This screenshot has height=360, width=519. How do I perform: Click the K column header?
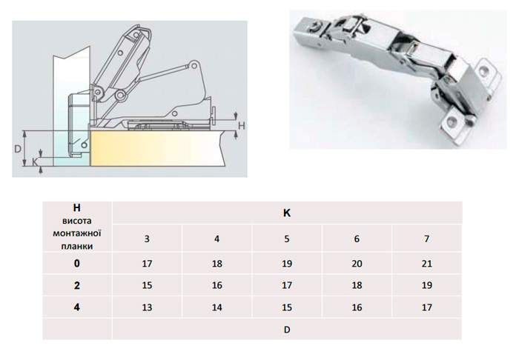(x=287, y=213)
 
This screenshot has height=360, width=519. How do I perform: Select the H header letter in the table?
(x=76, y=207)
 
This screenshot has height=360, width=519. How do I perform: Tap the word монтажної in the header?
(x=77, y=233)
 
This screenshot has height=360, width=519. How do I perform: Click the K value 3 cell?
(x=147, y=239)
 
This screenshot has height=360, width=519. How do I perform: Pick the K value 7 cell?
(x=426, y=239)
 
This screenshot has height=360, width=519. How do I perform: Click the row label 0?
(x=77, y=264)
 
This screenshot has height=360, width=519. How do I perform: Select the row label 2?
(x=77, y=285)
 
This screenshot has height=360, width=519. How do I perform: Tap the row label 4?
(x=77, y=307)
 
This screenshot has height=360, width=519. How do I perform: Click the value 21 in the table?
(x=426, y=264)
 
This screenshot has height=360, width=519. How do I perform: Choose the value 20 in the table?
(x=357, y=264)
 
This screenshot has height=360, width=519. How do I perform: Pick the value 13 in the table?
(x=147, y=307)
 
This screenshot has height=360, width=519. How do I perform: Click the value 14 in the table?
(x=216, y=307)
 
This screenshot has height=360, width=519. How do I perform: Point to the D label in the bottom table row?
(x=287, y=330)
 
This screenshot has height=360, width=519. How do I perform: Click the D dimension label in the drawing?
(x=18, y=149)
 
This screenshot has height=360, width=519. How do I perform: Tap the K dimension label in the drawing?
(x=35, y=161)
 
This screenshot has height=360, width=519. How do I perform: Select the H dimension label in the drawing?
(x=242, y=126)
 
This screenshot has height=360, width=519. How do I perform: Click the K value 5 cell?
(x=287, y=239)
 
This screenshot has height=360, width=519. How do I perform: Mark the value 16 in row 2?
(x=216, y=285)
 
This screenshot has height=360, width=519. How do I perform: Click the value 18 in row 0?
(x=216, y=264)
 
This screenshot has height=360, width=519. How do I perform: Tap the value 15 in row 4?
(x=287, y=307)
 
